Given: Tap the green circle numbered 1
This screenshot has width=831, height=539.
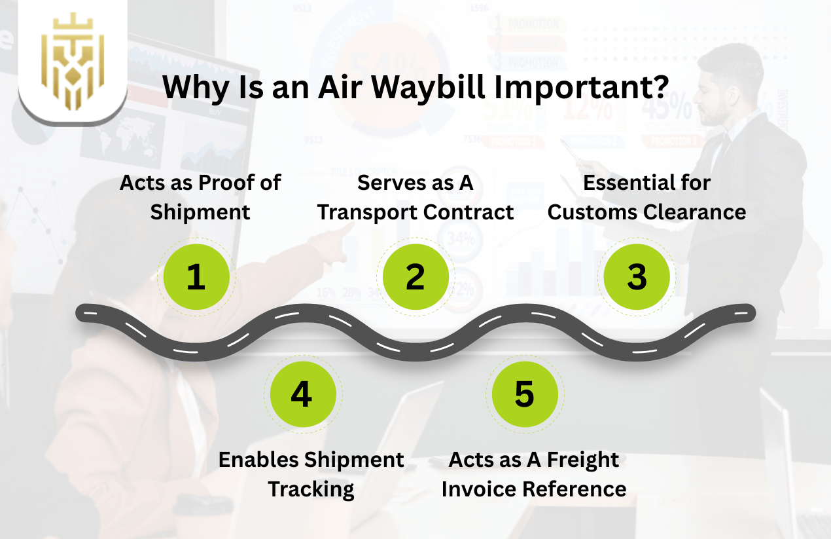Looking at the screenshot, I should click(196, 276).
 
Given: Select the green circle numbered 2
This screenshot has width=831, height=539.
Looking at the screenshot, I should click(415, 276).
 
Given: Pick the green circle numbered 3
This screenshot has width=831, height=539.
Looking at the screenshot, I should click(636, 276).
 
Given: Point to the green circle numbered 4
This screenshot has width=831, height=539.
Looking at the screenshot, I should click(302, 394).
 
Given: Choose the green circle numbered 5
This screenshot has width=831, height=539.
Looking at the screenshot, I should click(524, 394).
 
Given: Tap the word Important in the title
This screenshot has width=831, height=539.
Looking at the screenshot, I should click(582, 87).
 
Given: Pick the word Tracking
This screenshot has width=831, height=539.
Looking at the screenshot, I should click(311, 489).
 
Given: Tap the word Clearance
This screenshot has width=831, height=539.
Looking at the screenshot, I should click(694, 212).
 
